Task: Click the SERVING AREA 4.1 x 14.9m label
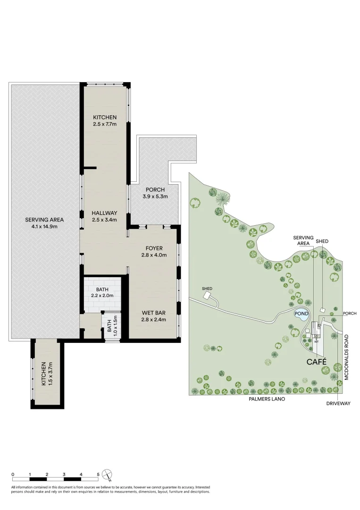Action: tap(44, 222)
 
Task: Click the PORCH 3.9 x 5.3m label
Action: tap(155, 193)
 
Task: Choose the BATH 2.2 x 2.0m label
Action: tap(102, 292)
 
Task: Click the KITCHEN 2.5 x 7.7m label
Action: tap(104, 120)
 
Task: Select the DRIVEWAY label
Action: tap(339, 404)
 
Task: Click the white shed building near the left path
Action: tap(207, 295)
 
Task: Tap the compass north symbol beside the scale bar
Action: tap(108, 474)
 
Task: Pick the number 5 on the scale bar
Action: tap(98, 474)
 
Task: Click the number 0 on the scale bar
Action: tap(13, 474)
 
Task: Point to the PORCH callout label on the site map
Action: tap(350, 313)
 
